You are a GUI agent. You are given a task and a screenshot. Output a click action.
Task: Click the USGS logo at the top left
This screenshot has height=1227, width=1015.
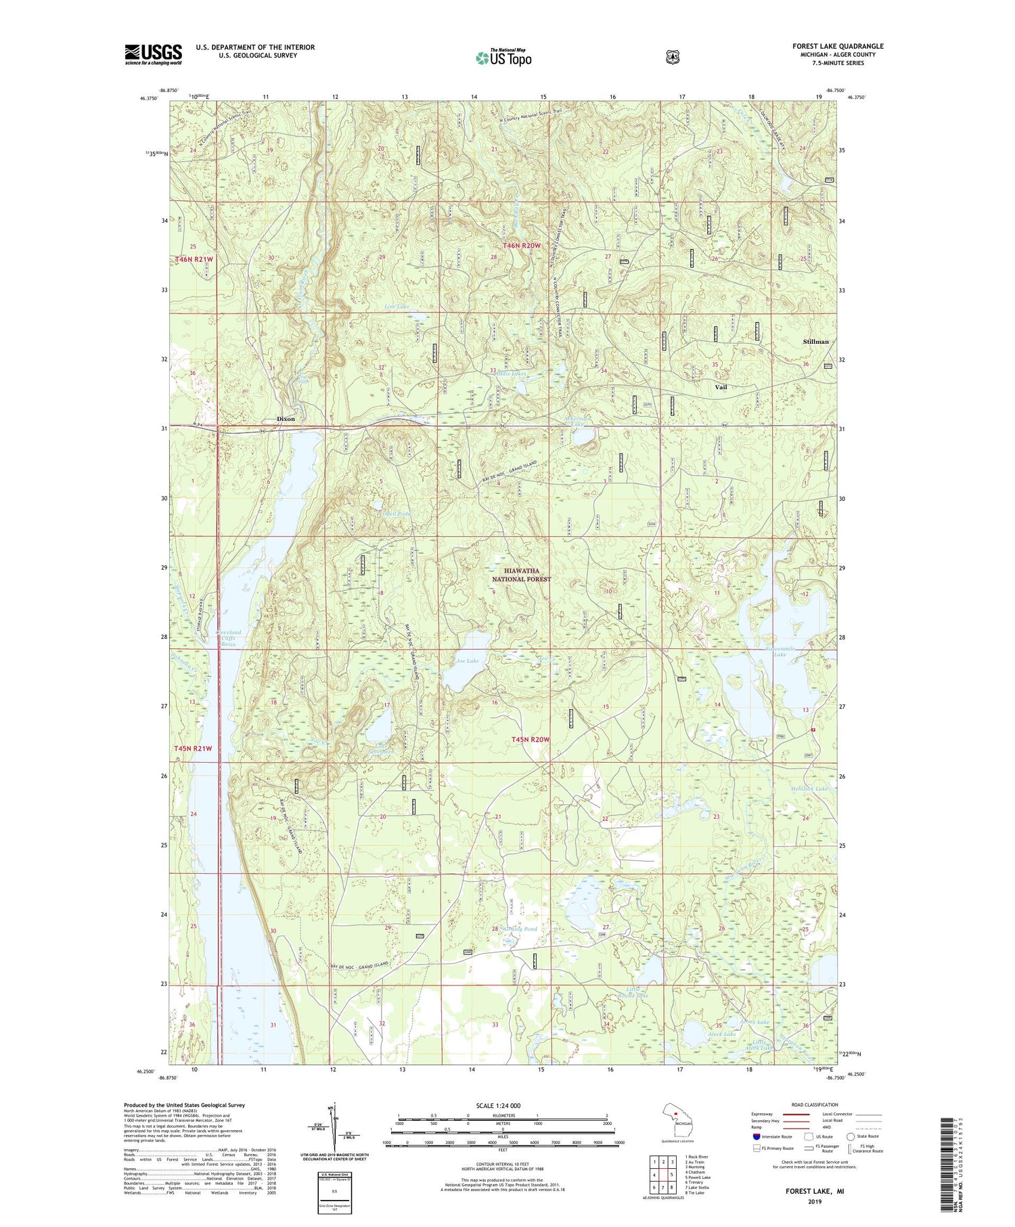154,54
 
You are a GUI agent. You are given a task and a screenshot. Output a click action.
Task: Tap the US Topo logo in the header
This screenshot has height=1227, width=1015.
503,58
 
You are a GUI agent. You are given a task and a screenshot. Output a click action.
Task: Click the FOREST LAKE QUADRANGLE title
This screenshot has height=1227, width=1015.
838,46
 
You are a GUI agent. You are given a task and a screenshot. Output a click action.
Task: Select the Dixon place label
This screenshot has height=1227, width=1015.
286,419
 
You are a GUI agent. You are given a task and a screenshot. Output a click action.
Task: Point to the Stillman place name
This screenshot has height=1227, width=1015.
815,342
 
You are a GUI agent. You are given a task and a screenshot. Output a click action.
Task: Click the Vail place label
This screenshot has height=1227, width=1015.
721,387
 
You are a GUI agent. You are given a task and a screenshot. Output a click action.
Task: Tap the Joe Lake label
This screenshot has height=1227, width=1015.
467,661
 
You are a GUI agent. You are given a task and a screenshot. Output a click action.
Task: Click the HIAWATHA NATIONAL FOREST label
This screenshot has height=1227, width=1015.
521,575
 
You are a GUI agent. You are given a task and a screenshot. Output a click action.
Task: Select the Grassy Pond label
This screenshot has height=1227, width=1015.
520,929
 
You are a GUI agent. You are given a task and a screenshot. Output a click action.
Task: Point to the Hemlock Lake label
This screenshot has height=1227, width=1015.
809,789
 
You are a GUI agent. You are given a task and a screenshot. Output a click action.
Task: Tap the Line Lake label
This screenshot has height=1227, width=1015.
397,307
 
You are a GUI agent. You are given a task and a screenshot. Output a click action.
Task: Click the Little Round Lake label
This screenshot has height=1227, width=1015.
633,992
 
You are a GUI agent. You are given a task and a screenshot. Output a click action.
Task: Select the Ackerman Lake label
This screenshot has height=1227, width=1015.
577,420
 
